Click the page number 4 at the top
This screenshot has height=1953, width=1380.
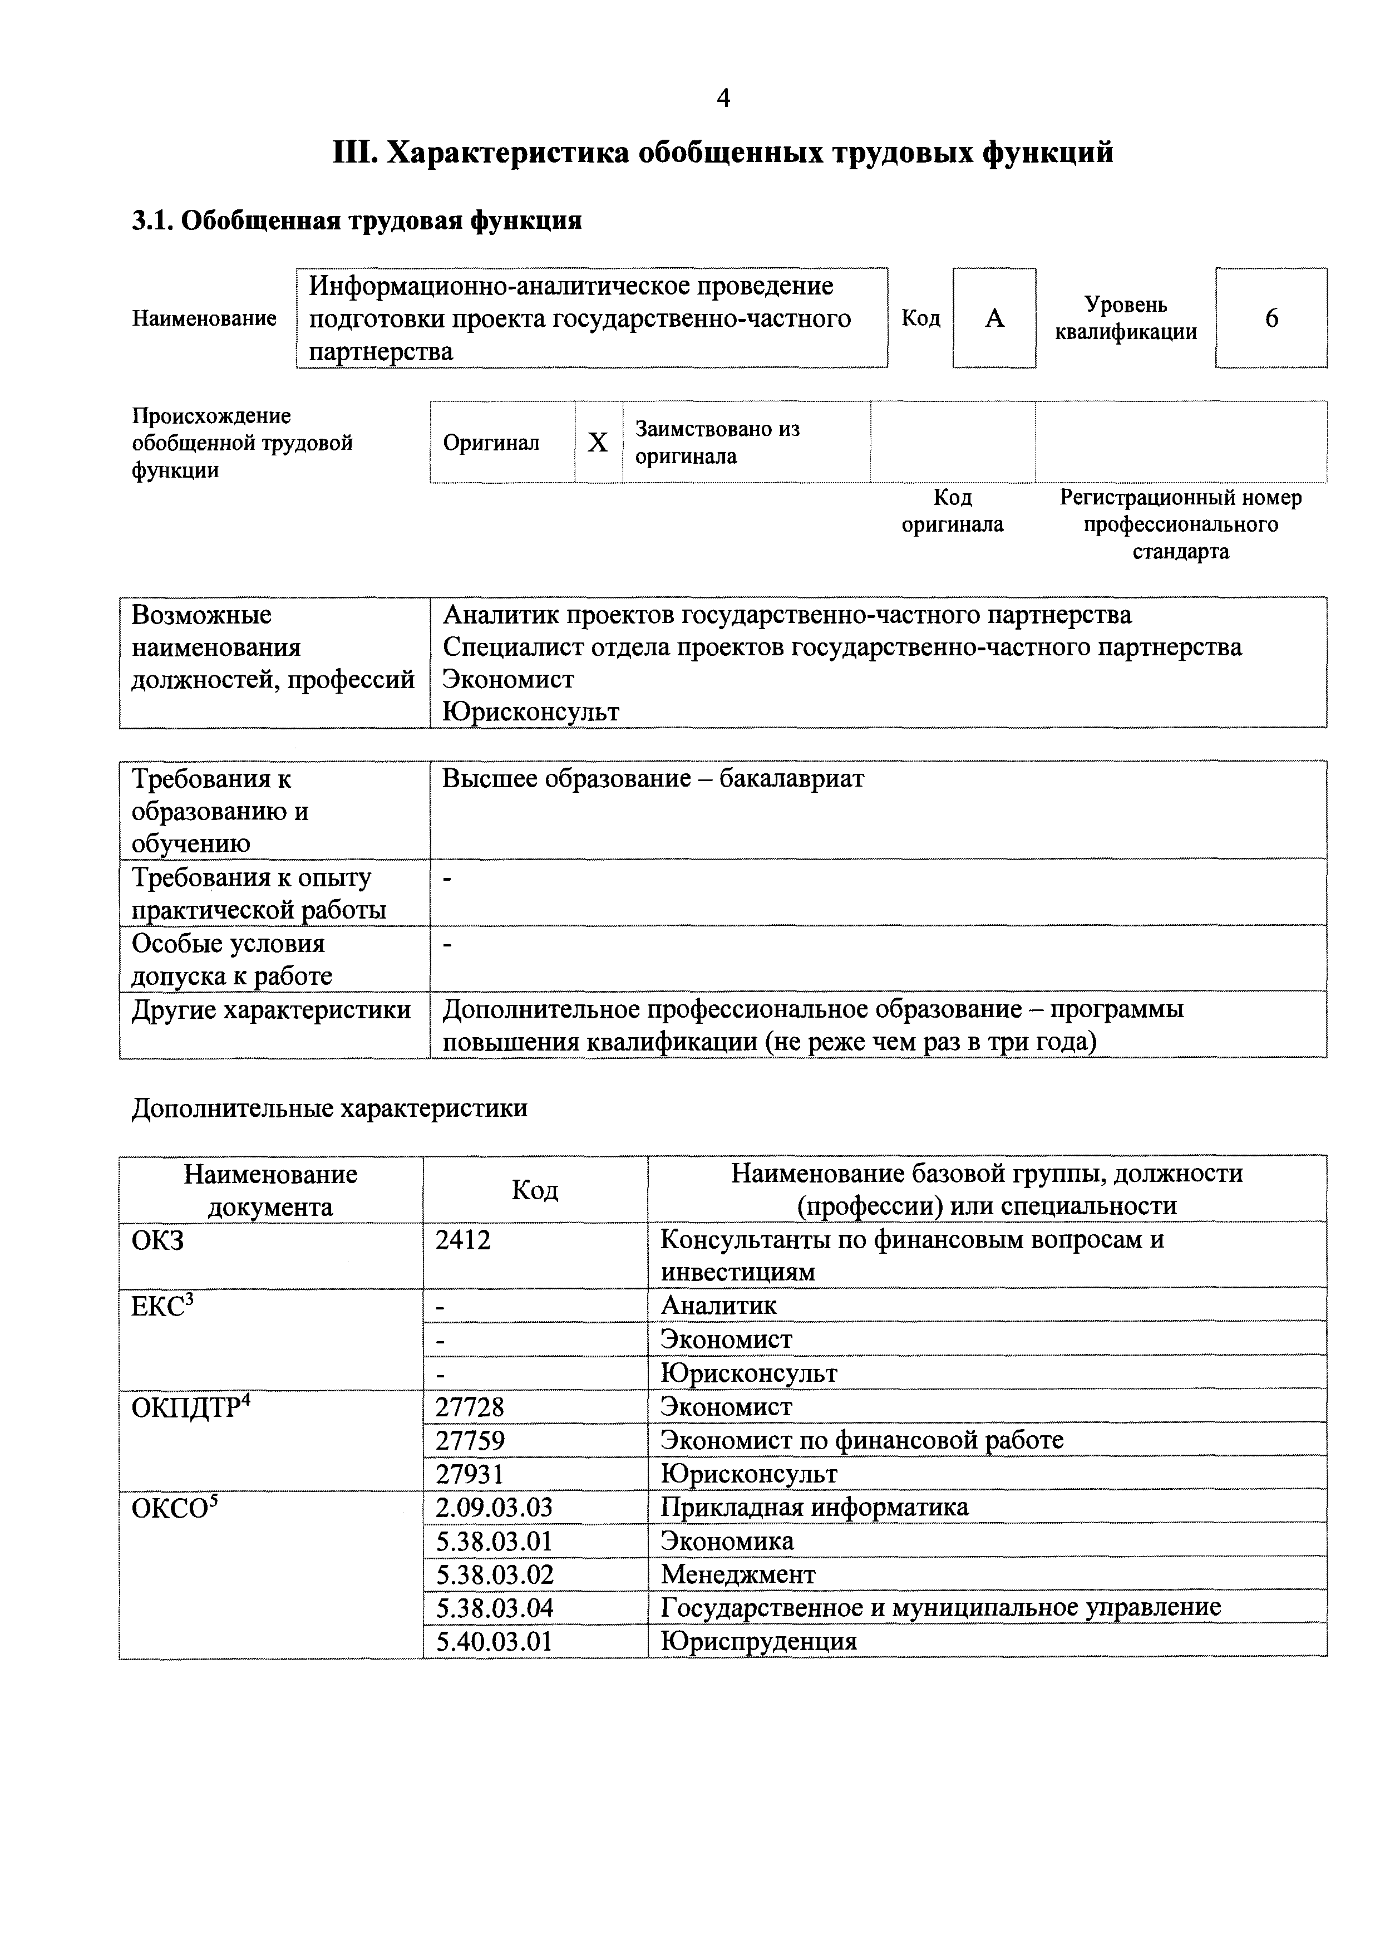click(723, 100)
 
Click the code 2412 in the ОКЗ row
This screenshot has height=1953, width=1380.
click(464, 1240)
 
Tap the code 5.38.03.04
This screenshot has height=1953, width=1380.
click(494, 1608)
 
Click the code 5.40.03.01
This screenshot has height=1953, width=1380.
click(494, 1642)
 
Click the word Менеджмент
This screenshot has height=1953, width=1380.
click(738, 1574)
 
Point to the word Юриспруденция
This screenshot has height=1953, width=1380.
click(758, 1642)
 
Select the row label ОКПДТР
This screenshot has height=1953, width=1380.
click(187, 1409)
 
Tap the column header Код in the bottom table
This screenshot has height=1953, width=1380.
click(535, 1190)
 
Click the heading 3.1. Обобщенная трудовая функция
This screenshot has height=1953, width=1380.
click(357, 221)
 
